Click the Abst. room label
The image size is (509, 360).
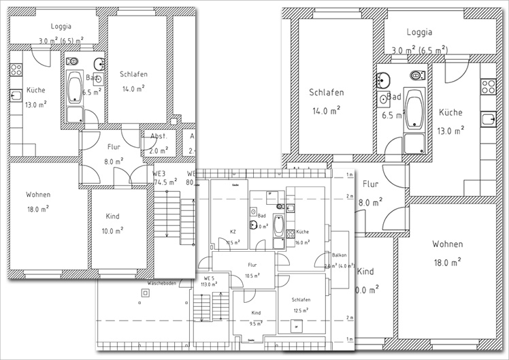tap(159, 136)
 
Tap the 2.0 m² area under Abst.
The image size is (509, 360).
tap(159, 150)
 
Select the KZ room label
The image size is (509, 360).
tap(233, 231)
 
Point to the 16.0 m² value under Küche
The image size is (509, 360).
tap(302, 241)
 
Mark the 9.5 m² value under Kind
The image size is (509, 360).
tap(256, 324)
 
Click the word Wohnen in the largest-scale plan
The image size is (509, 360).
tap(447, 244)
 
